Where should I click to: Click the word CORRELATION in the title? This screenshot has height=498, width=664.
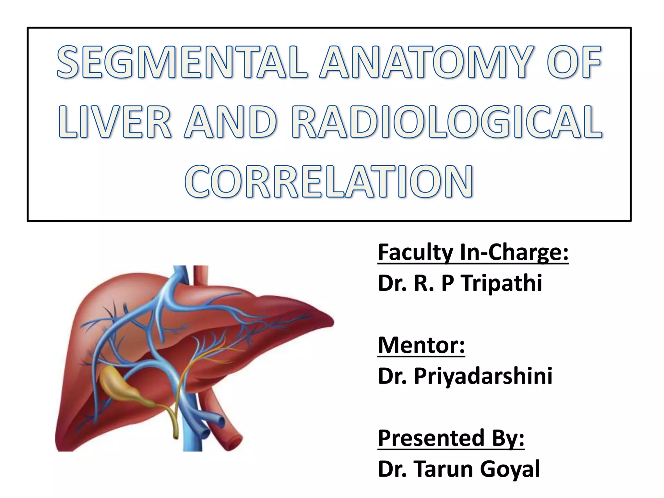tap(329, 181)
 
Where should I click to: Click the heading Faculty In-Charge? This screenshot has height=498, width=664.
tap(473, 253)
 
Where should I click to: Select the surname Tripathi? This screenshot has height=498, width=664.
tap(502, 283)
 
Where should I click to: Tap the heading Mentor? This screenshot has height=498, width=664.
tap(421, 345)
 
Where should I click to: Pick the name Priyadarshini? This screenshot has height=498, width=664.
tap(483, 376)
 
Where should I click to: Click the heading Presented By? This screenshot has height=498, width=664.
tap(451, 438)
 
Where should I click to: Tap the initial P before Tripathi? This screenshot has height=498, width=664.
tap(447, 283)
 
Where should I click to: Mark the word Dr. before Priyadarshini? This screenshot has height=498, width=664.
tap(392, 376)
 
